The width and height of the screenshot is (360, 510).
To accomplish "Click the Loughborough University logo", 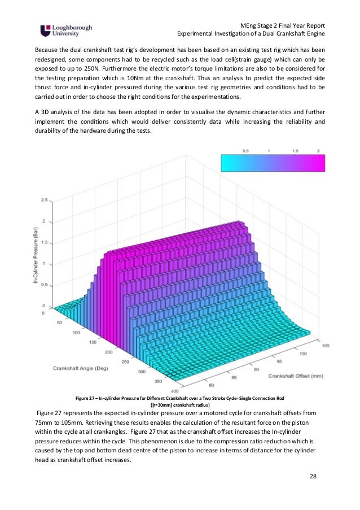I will pyautogui.click(x=66, y=30).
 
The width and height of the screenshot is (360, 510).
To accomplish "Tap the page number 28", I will pyautogui.click(x=313, y=477).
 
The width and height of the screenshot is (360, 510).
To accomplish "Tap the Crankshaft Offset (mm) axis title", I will pyautogui.click(x=295, y=375).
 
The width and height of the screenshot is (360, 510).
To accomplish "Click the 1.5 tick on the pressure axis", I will pyautogui.click(x=45, y=242).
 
